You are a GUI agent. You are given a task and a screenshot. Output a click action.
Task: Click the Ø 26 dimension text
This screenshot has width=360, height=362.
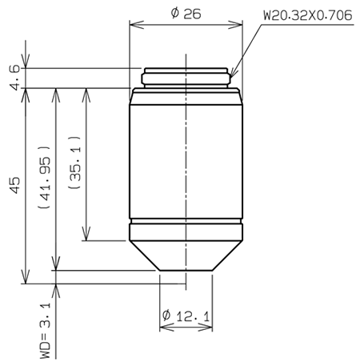tap(186, 14)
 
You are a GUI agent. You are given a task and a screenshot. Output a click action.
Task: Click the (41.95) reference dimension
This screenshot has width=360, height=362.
tap(43, 183)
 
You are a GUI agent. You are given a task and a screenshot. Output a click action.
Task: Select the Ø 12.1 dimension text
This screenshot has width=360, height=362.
tap(186, 317)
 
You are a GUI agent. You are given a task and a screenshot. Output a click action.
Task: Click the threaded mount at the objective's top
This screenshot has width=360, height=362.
tap(186, 76)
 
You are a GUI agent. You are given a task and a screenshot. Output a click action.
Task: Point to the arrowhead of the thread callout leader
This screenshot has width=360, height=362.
tap(234, 74)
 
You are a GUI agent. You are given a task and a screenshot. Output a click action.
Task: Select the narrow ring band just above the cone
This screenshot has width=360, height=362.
tap(186, 226)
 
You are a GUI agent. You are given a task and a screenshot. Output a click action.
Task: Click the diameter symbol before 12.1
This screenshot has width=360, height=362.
tap(166, 317)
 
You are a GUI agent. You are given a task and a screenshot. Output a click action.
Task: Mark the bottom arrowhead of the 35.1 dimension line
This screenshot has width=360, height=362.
tap(83, 238)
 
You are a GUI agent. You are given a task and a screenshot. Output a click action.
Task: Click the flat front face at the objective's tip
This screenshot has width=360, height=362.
tap(186, 270)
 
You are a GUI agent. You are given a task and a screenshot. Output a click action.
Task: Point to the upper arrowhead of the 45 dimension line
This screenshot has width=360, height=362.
tap(26, 90)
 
